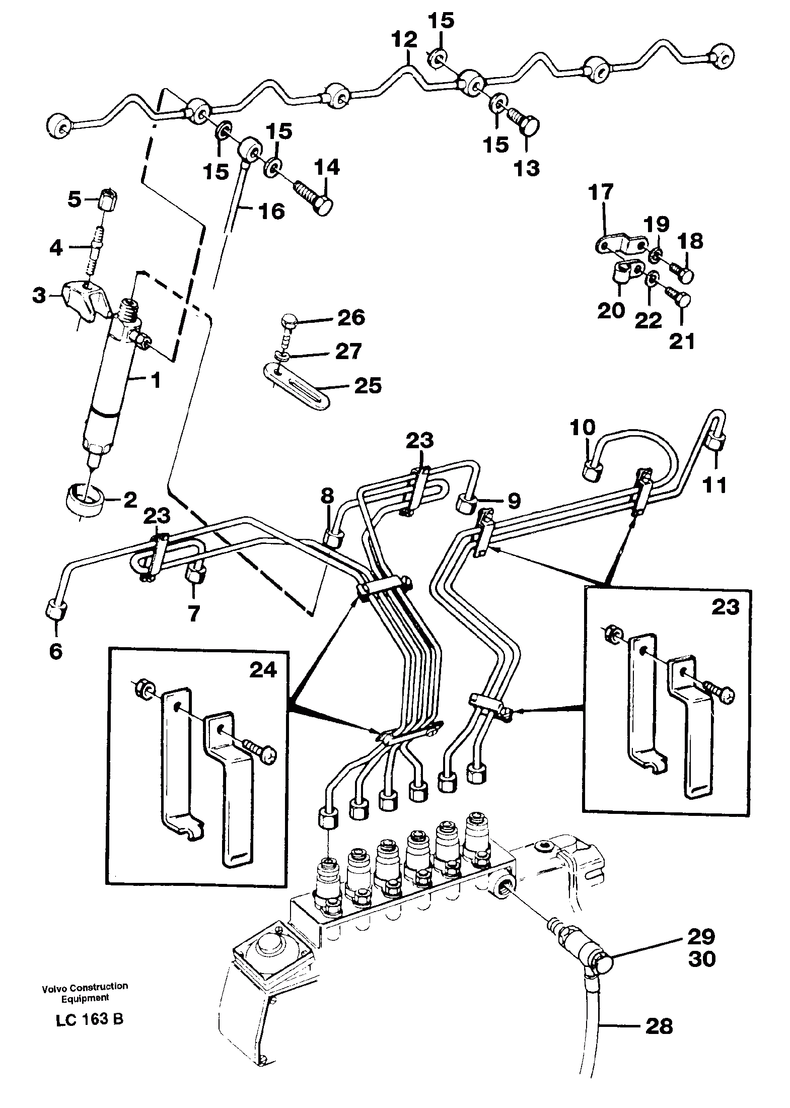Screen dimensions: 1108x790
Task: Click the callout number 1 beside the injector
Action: [156, 381]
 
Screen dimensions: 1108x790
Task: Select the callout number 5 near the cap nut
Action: [74, 200]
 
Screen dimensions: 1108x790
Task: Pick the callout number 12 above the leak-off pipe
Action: [406, 39]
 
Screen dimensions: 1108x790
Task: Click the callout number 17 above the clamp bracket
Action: [603, 192]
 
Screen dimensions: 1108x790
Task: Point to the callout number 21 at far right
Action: [681, 341]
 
